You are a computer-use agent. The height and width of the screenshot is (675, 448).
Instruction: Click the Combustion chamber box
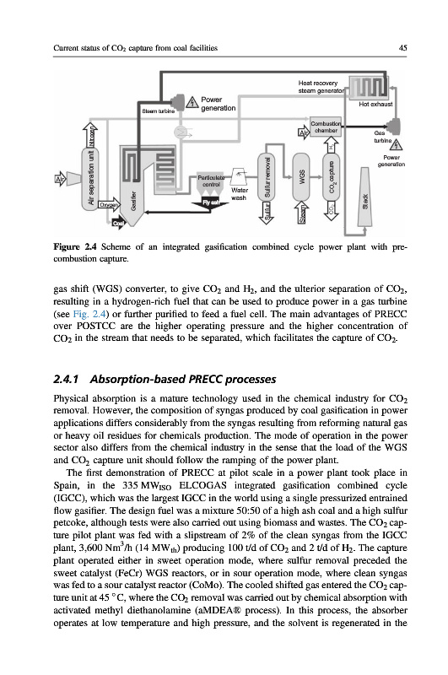(326, 126)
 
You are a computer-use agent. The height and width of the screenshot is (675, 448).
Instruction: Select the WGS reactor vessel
(301, 176)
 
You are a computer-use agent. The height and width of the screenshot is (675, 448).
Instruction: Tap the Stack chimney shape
(364, 197)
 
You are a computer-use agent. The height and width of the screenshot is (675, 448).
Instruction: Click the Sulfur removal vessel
(267, 176)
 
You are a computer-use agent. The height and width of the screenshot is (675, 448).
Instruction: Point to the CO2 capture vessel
(331, 176)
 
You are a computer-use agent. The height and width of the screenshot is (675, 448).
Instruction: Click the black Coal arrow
(118, 223)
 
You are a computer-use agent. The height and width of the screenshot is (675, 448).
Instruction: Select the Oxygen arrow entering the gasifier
(110, 205)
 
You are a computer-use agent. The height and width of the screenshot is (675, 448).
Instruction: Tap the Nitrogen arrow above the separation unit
(91, 134)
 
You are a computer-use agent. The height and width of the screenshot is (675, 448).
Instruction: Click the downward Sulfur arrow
(267, 213)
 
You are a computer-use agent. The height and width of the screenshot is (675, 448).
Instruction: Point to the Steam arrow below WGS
(301, 213)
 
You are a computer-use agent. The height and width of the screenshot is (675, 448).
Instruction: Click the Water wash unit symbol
(240, 176)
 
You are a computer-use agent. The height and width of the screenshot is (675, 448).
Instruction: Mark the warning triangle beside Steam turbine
(192, 102)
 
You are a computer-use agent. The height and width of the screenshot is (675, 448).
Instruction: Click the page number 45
(402, 48)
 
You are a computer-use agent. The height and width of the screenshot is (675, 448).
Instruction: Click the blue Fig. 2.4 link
(89, 313)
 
